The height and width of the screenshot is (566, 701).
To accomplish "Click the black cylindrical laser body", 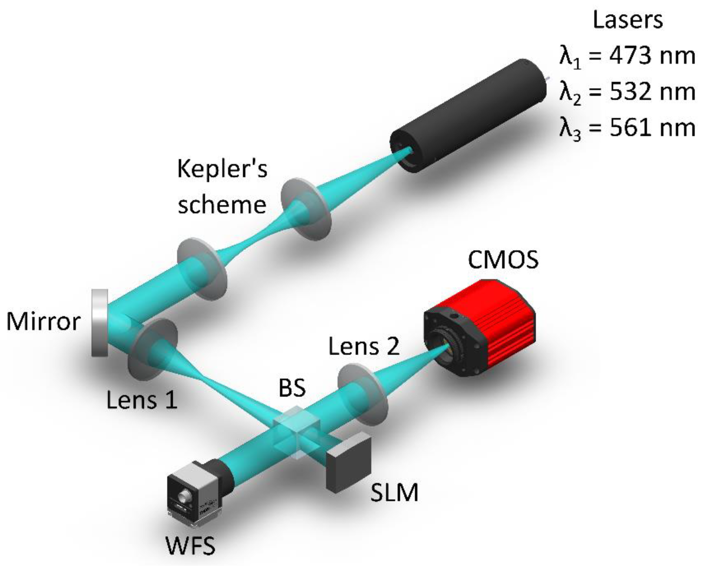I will coord(470,114).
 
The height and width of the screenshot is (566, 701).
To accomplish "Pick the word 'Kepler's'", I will coord(222,169).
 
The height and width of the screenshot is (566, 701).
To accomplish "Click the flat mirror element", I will coord(100,323).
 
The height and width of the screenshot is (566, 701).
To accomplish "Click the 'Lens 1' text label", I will coord(142,400).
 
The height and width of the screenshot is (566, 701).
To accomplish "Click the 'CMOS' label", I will coord(503,260).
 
